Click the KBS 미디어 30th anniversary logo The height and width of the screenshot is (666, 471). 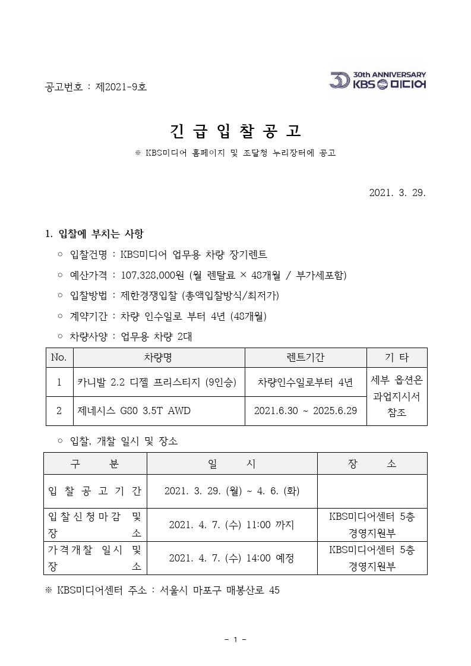378,81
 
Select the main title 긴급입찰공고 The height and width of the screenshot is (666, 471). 235,131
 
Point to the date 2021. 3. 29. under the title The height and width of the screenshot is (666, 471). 397,193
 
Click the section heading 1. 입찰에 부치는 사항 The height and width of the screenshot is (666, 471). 94,233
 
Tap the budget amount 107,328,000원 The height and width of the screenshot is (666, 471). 153,275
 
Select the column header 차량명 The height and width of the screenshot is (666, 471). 158,358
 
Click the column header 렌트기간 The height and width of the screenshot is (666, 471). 305,358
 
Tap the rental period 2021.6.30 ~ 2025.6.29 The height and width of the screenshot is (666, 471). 305,411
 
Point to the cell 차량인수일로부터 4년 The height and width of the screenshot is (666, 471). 305,382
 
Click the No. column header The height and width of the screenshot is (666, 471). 59,358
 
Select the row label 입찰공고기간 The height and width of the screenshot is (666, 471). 94,491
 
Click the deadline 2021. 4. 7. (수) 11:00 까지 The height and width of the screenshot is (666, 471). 231,525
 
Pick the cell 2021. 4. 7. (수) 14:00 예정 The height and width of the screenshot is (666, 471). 231,558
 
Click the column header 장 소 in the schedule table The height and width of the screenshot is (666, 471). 372,463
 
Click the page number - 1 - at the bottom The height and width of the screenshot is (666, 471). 236,639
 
